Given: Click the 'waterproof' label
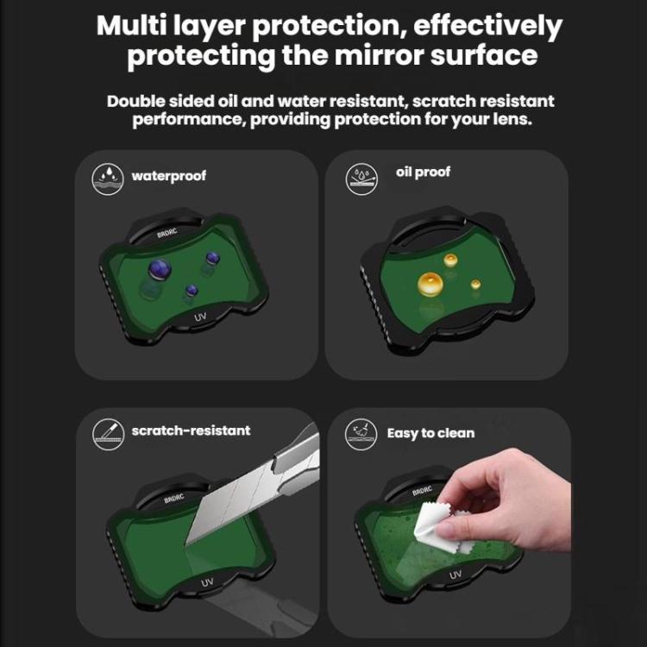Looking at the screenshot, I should [168, 176].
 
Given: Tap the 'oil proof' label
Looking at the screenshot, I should [423, 172].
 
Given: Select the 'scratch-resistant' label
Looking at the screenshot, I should [191, 430].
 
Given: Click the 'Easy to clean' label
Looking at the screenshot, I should [430, 432].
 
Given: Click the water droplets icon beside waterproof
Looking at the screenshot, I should [107, 178].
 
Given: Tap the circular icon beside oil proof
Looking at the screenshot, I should [360, 179].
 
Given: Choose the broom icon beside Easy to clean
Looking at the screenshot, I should [360, 433].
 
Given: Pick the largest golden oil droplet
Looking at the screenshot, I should [429, 283].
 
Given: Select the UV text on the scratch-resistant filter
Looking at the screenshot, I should [208, 583].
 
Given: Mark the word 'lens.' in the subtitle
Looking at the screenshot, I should [512, 120].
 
